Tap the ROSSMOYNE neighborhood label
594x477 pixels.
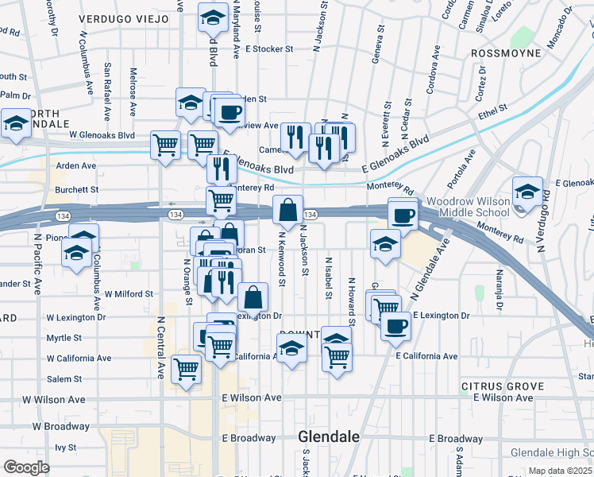pyautogui.click(x=505, y=53)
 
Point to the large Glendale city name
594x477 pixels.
pyautogui.click(x=329, y=436)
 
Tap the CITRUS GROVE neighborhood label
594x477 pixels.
pyautogui.click(x=502, y=386)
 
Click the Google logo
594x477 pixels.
pyautogui.click(x=27, y=467)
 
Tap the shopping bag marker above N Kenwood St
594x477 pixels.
pyautogui.click(x=288, y=211)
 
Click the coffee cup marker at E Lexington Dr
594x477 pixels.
pyautogui.click(x=395, y=324)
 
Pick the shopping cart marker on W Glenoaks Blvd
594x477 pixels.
pyautogui.click(x=165, y=145)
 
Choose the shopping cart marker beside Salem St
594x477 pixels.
pyautogui.click(x=186, y=369)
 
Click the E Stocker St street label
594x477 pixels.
pyautogui.click(x=268, y=48)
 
